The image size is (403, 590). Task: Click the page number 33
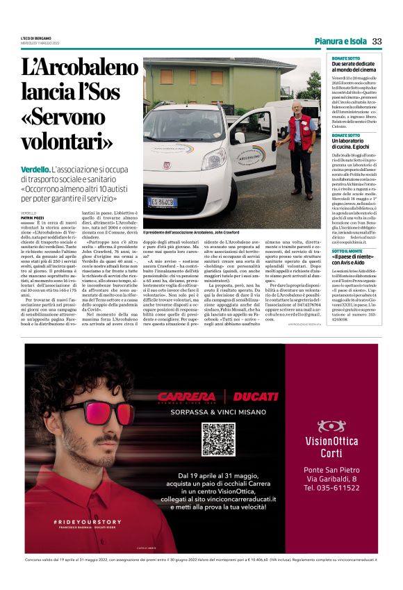[377, 41]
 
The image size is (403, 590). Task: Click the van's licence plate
[163, 202]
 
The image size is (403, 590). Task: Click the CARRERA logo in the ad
[186, 396]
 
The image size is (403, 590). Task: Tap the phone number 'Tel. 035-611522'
[331, 489]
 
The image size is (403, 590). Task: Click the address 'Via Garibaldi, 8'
[331, 479]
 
